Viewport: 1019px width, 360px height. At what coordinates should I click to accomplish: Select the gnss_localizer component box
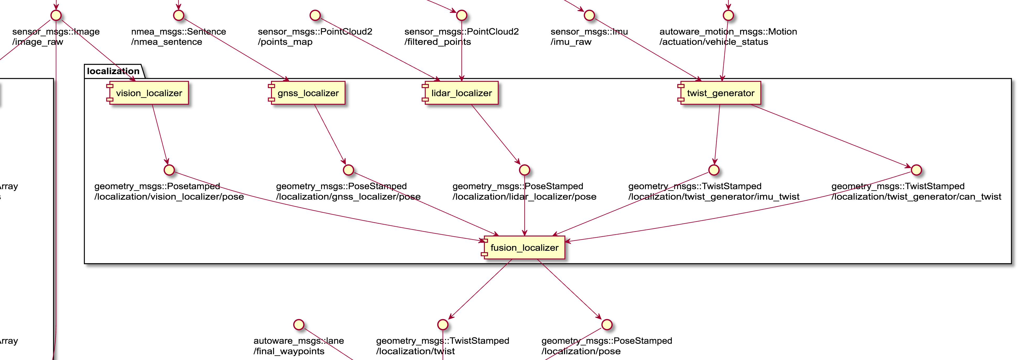307,93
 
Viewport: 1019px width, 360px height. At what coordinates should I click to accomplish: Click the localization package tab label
113,71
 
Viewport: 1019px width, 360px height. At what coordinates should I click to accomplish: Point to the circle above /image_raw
56,15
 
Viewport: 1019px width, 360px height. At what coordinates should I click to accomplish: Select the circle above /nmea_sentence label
179,15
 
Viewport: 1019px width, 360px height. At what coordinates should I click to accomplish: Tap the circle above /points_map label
315,15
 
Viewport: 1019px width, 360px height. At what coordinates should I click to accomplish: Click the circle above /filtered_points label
462,15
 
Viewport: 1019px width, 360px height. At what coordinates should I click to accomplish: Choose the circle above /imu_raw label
589,15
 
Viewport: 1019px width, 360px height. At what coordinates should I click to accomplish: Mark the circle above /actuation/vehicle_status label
728,15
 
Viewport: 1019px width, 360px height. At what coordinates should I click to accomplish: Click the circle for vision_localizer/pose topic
169,170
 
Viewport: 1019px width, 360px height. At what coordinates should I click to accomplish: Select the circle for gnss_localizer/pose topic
348,170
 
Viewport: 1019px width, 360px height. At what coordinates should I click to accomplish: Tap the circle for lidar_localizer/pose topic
524,170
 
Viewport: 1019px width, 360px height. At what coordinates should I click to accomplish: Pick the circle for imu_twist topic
714,170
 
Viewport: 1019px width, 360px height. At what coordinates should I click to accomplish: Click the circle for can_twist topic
917,170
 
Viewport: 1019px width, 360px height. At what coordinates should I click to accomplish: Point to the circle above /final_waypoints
299,325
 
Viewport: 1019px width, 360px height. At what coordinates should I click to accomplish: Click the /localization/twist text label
415,351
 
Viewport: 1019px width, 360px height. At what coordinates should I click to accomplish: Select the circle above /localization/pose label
607,325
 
